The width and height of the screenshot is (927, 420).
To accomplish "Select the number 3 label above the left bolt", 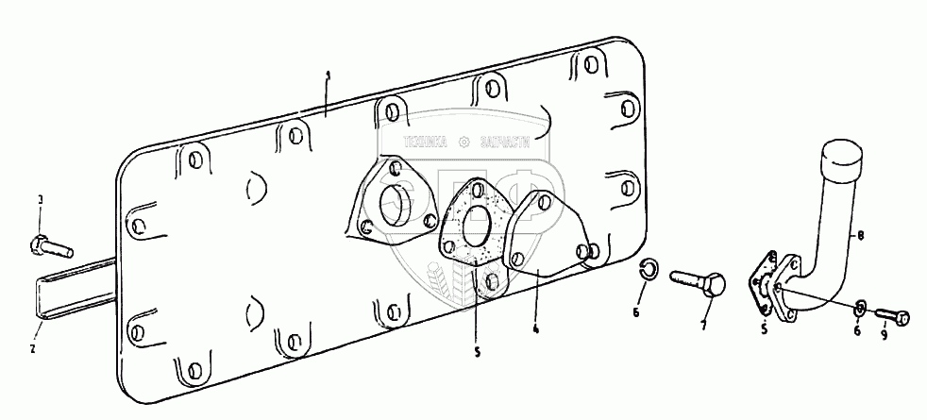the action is (40, 201).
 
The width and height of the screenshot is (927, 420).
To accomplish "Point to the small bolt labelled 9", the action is (892, 318).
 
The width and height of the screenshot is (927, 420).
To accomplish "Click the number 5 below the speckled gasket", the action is (477, 352).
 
